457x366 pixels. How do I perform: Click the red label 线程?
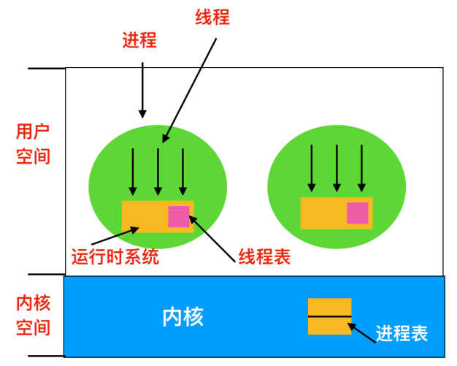click(x=212, y=17)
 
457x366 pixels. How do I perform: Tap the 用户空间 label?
click(x=33, y=144)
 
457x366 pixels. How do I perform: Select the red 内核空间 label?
click(x=33, y=315)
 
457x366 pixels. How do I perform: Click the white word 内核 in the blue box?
click(x=183, y=317)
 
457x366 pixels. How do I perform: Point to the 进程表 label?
click(x=402, y=334)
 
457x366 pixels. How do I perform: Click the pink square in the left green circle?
click(x=179, y=216)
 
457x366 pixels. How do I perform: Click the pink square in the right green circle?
click(x=357, y=213)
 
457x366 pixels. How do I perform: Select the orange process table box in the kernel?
click(x=329, y=316)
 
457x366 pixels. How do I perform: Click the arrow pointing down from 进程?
click(x=142, y=90)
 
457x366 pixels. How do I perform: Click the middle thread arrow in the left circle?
click(x=158, y=171)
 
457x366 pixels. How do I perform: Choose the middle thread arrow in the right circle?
click(x=337, y=167)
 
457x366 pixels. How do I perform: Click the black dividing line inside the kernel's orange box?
click(x=329, y=316)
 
